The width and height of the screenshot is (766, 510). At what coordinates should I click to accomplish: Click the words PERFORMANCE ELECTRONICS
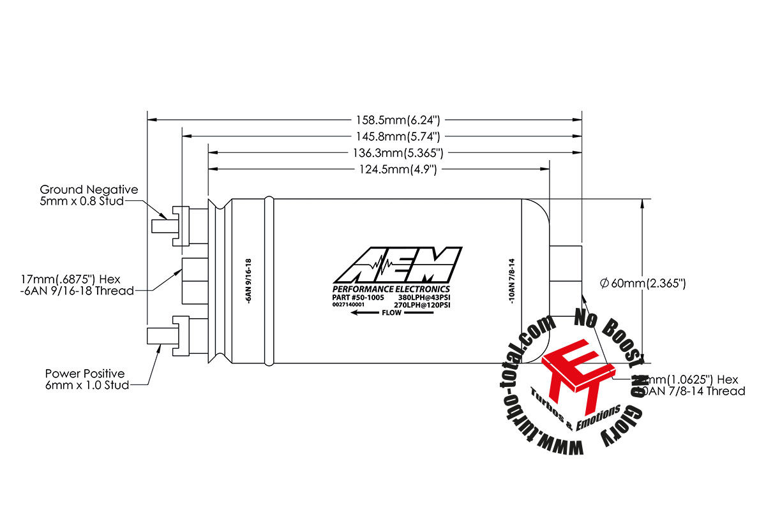point(391,289)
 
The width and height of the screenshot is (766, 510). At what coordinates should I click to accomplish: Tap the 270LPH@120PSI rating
point(423,305)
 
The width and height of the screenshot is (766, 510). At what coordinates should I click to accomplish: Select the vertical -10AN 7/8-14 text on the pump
point(513,281)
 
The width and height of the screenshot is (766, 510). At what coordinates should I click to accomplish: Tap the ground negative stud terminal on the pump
point(163,226)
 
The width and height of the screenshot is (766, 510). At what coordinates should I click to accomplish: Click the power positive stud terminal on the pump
point(161,335)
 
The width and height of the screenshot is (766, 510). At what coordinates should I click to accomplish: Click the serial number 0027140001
point(348,305)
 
